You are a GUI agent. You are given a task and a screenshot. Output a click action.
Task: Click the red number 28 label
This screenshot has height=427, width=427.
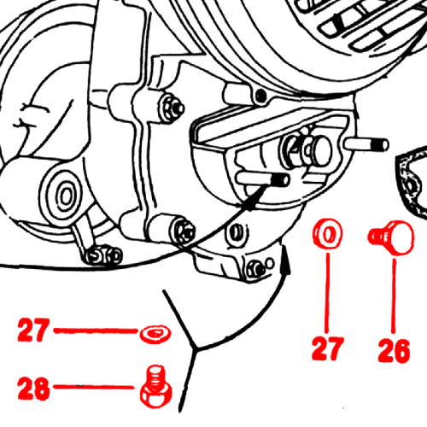pos(33,388)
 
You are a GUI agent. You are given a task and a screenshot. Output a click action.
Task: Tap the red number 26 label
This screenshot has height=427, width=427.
pos(394,351)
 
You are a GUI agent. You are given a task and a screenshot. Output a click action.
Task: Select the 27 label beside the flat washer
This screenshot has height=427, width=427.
pos(33,330)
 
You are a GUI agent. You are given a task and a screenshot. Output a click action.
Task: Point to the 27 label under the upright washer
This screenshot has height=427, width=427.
pos(328,348)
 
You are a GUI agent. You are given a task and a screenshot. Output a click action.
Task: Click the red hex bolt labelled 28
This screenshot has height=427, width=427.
pos(155,387)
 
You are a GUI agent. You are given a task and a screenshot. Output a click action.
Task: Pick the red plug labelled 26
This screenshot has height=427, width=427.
pos(391,237)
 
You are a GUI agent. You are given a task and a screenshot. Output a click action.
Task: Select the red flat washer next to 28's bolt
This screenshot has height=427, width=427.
pos(155,333)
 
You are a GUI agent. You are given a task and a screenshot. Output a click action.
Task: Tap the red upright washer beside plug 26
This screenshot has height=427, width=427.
pos(328,234)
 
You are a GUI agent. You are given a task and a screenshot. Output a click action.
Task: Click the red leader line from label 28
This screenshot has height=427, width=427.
pos(94,387)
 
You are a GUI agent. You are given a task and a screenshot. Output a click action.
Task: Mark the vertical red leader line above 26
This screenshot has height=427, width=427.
pos(394,295)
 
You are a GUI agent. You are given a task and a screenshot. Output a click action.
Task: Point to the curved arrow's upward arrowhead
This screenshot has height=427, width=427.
pos(285,260)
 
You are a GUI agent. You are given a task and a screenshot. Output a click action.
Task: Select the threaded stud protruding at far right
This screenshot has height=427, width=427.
pos(366,144)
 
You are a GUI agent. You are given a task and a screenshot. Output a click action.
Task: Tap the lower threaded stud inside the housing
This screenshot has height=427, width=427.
pos(263,178)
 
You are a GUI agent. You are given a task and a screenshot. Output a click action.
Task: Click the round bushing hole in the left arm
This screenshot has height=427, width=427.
pos(67,196)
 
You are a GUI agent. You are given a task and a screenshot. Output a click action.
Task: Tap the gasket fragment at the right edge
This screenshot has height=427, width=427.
pos(412,182)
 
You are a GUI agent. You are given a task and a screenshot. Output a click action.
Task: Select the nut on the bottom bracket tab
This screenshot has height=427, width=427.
pos(255,269)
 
